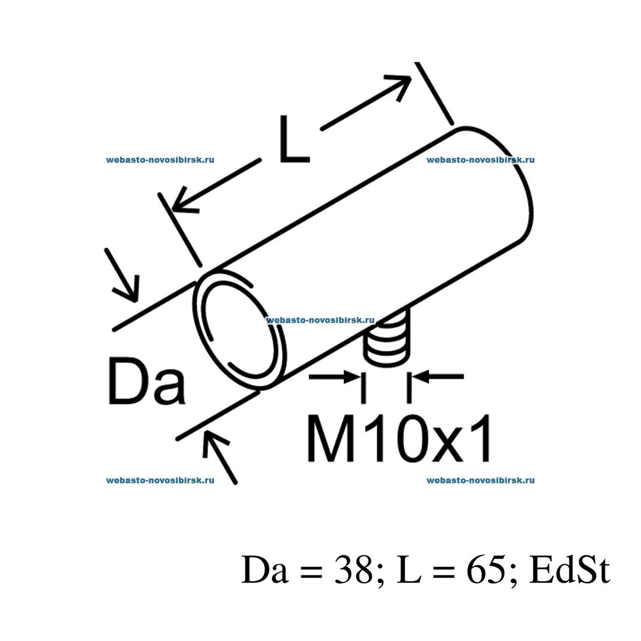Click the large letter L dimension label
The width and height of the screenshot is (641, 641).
[x=294, y=139]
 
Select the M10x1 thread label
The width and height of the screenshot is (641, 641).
[x=399, y=438]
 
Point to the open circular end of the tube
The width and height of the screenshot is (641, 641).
[x=240, y=329]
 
